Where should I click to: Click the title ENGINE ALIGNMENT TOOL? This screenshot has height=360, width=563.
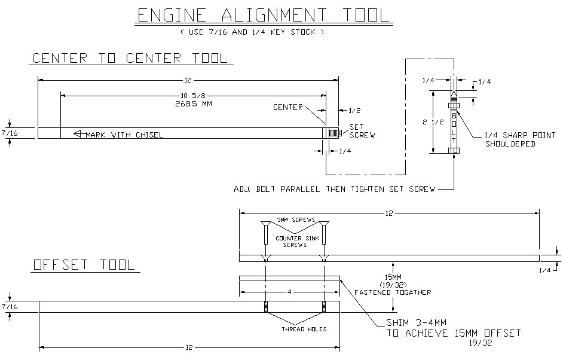coord(264,16)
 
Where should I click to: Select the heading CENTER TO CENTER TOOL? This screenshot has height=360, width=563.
coord(130,58)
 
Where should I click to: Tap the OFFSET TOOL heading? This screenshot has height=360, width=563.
coord(84,265)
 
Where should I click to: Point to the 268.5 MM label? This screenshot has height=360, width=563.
coord(194,104)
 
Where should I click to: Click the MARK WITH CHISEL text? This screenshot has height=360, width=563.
coord(124,135)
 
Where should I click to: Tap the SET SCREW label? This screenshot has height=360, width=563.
coord(362,131)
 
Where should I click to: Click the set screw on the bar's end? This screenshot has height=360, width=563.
coord(335,133)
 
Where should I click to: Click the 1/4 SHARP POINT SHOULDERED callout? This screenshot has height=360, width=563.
coord(519,139)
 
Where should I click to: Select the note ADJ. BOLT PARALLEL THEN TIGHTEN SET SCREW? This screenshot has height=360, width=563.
coord(334,189)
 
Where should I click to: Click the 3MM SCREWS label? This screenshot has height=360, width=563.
coord(296,219)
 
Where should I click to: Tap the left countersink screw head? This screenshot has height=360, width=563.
coord(265,224)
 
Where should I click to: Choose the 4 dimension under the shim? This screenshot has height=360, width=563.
coord(289,292)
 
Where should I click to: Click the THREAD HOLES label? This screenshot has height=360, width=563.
coord(304,329)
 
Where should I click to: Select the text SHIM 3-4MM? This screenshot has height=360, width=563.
coord(416,323)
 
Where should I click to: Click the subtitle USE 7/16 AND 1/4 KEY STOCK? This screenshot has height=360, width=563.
coord(252,32)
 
